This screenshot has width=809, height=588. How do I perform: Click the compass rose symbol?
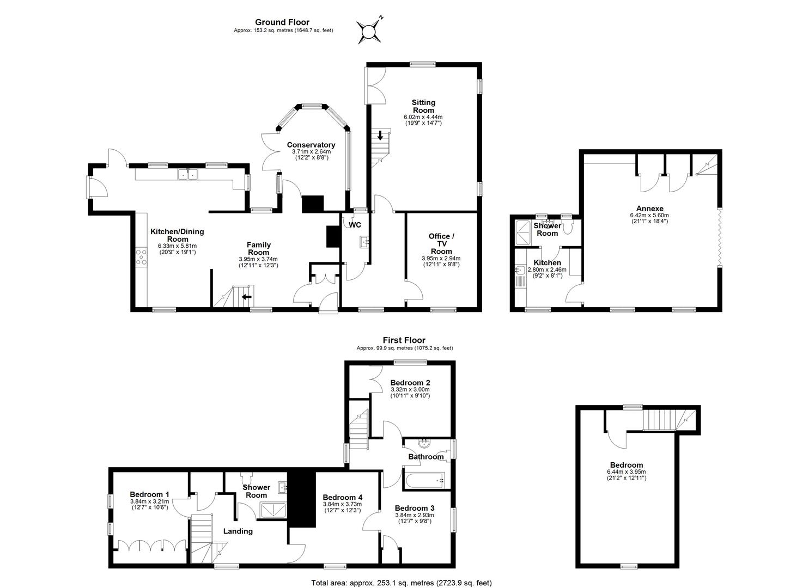(369, 30)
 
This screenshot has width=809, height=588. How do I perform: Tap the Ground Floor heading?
(283, 22)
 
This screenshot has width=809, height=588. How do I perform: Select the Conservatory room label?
(311, 145)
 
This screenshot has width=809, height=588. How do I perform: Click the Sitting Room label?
(423, 106)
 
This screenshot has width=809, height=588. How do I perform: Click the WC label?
(355, 225)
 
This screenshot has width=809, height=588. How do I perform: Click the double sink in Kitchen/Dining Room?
(187, 175)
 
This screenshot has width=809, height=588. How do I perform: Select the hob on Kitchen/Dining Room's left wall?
(141, 257)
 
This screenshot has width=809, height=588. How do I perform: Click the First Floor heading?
(404, 340)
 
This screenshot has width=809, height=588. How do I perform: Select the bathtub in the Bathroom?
(423, 480)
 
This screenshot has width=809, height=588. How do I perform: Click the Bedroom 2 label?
(410, 383)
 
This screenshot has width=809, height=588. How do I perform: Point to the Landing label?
(238, 531)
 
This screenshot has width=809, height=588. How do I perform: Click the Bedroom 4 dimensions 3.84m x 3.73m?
(342, 504)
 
